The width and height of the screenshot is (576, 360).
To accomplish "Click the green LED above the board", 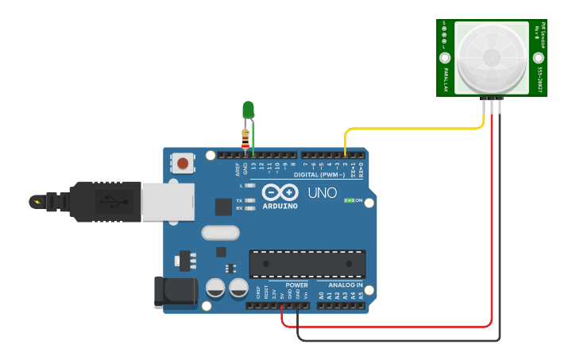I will click(248, 109).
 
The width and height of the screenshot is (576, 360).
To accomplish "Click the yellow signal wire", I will click(413, 127).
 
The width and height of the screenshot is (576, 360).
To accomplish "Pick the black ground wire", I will click(397, 341).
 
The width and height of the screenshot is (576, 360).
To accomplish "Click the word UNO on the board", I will click(322, 193).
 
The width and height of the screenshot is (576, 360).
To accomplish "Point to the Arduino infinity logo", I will click(279, 192).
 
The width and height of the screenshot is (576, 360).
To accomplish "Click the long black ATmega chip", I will click(307, 264).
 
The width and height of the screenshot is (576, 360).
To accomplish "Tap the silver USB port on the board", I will click(168, 201).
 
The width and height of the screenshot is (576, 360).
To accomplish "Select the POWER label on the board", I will click(296, 285).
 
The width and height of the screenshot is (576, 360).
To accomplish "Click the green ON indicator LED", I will click(347, 200).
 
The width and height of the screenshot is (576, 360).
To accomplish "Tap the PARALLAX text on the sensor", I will click(446, 79).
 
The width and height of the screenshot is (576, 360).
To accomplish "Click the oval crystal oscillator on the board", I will click(220, 233).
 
